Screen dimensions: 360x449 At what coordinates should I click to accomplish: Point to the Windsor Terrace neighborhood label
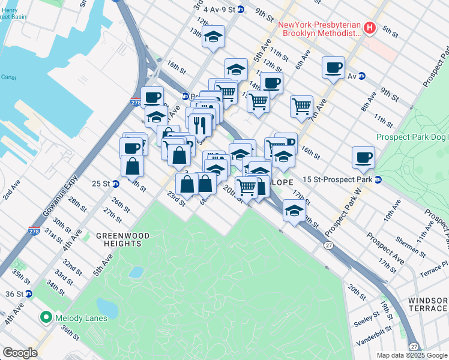click(427, 304)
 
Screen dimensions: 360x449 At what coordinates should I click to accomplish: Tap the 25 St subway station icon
click(115, 184)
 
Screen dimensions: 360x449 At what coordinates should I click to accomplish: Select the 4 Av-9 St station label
click(218, 10)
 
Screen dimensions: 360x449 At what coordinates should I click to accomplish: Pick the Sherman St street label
click(409, 246)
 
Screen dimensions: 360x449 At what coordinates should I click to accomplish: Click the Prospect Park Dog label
click(412, 137)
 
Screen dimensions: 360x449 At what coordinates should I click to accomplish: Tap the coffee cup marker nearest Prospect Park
click(363, 158)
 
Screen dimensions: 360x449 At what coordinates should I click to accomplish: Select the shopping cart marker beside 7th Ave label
click(301, 107)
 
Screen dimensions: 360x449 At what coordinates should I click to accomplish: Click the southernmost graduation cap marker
click(294, 211)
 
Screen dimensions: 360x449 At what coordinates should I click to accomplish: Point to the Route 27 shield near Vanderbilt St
click(414, 347)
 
